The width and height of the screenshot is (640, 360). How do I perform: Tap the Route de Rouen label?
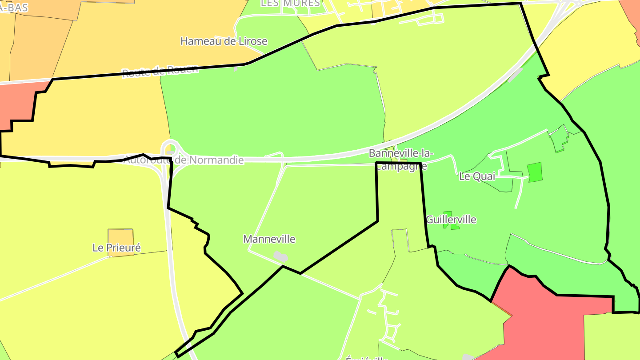click(x=160, y=71)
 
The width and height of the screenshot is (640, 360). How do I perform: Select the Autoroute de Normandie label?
click(x=183, y=160)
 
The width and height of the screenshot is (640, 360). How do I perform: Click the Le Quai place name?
click(x=477, y=176)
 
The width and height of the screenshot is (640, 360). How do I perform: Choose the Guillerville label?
click(x=451, y=220)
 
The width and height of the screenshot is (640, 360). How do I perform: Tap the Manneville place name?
click(x=269, y=239)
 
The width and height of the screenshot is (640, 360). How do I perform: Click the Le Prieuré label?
click(x=116, y=248)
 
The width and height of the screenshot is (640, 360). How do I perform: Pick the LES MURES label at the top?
click(x=290, y=3)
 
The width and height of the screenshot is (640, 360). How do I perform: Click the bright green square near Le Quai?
click(x=535, y=172)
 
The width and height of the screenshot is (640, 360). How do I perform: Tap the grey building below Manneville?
click(x=280, y=256)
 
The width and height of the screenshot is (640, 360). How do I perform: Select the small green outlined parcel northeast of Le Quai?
click(x=559, y=139)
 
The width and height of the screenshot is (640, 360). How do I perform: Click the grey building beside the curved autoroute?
click(x=515, y=75)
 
